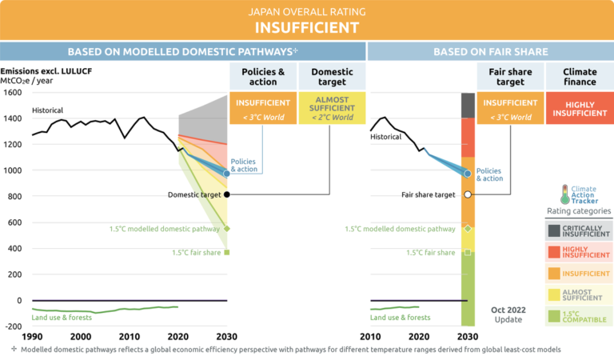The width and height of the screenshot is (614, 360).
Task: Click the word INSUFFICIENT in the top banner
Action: tap(306, 27)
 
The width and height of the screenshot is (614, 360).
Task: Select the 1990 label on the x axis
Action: tap(32, 338)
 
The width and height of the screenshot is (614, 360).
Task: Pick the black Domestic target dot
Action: tap(227, 194)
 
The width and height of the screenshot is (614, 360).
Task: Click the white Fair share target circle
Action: tap(468, 194)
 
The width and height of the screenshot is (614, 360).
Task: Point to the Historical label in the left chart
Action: tap(48, 110)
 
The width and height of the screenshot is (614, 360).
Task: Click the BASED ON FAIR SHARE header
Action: tap(490, 51)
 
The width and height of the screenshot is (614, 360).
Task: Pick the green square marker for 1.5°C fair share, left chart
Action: tap(227, 253)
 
